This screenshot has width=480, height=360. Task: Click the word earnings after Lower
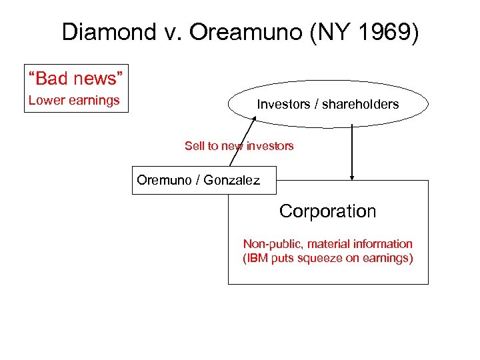point(94,101)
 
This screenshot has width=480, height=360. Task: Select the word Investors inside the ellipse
point(283,104)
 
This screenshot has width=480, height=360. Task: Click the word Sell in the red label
point(195,145)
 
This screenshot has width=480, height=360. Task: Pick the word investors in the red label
point(269,145)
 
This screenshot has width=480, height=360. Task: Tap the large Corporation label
point(327,211)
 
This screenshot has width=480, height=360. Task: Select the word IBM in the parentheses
point(257,258)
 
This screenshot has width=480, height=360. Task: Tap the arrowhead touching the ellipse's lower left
point(254,119)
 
